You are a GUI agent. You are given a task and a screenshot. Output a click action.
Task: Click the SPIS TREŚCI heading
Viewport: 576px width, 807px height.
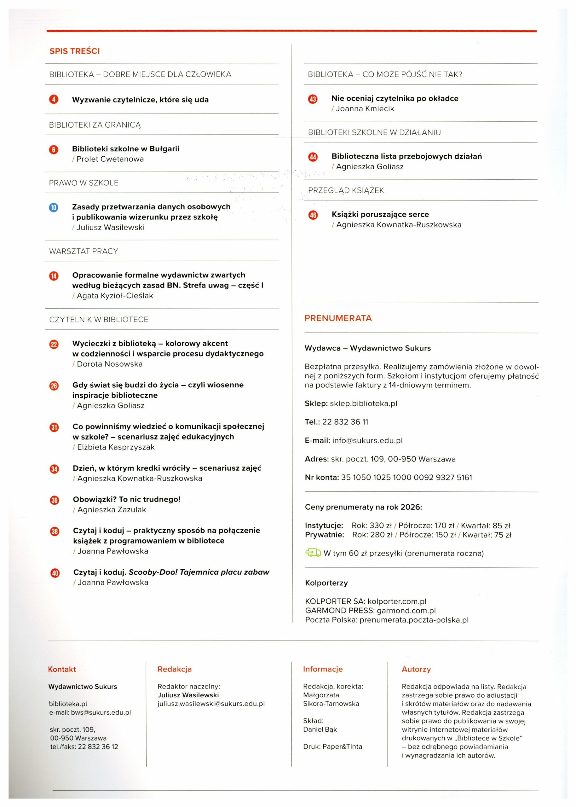74,51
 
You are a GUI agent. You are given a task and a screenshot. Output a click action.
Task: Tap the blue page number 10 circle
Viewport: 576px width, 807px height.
54,207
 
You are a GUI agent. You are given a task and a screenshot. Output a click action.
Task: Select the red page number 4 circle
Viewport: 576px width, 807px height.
54,100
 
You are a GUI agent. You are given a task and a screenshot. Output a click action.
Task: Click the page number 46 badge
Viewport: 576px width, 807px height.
313,215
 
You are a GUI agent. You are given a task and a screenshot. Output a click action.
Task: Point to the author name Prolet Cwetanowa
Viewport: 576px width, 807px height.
110,159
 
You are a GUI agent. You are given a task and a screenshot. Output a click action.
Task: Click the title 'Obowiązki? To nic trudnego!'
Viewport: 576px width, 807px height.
127,499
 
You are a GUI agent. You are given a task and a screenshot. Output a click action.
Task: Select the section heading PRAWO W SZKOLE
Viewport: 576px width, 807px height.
84,183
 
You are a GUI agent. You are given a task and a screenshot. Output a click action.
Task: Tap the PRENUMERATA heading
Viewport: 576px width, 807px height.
338,318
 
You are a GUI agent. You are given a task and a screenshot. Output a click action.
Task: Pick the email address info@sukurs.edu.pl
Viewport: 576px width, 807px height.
367,441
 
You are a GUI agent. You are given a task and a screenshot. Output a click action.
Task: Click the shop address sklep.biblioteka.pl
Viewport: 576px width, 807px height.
363,404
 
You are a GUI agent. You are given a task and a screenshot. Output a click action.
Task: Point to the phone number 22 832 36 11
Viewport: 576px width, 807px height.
345,422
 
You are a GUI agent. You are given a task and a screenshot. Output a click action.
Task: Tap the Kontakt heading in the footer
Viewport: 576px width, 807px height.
62,669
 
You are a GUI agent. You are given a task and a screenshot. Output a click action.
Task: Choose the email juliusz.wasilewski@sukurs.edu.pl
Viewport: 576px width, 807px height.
211,704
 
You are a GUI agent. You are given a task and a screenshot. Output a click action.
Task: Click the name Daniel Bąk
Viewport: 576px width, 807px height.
320,729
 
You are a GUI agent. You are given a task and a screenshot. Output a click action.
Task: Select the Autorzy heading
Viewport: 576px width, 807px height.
416,669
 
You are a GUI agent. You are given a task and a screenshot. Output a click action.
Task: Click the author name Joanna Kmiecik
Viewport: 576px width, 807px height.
365,109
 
